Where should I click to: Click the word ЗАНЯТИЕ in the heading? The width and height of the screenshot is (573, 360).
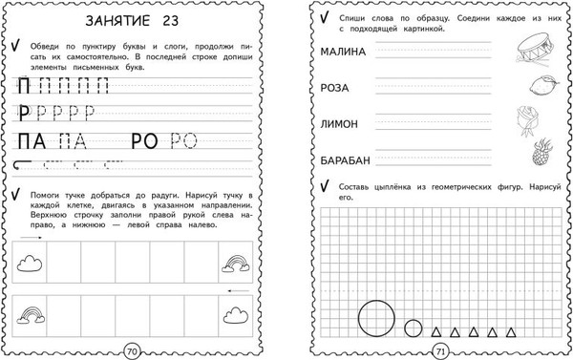(x=117, y=20)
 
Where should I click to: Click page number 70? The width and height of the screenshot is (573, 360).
(x=134, y=350)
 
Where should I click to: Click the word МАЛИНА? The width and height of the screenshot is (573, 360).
(x=346, y=52)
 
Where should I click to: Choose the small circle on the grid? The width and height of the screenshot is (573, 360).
(x=413, y=328)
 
